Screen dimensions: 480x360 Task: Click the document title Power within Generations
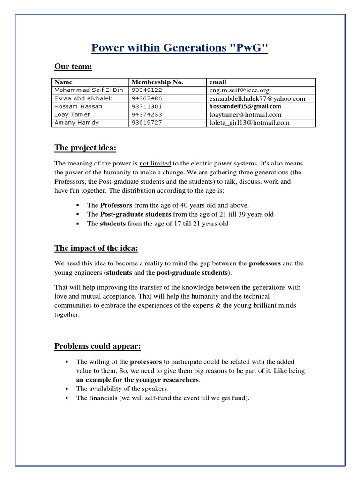(180, 48)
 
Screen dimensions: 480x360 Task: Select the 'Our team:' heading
(73, 67)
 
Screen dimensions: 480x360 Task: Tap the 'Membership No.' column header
(157, 82)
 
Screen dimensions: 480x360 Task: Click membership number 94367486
(147, 98)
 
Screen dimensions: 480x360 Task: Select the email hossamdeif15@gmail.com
(245, 106)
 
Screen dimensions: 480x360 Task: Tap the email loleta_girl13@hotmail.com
(249, 123)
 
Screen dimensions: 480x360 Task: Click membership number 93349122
(147, 90)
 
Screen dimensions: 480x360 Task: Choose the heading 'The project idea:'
(85, 148)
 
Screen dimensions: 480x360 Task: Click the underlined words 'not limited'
(155, 163)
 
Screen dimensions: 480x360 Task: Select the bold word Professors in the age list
(116, 205)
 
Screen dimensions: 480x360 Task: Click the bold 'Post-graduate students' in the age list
(135, 214)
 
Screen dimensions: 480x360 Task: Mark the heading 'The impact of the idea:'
(96, 248)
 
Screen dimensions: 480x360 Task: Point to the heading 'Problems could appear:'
(97, 346)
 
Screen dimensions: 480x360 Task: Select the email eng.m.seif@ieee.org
(240, 90)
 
